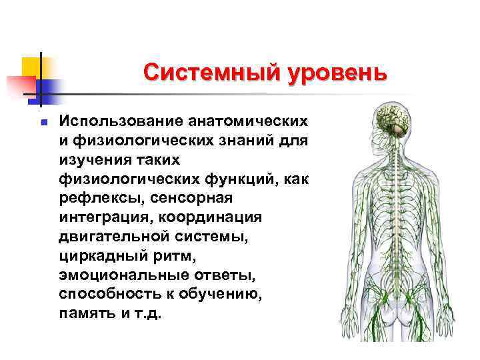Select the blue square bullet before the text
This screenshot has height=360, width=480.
(x=42, y=123)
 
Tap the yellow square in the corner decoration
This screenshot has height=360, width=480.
(x=33, y=66)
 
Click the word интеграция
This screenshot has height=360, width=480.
(x=101, y=217)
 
